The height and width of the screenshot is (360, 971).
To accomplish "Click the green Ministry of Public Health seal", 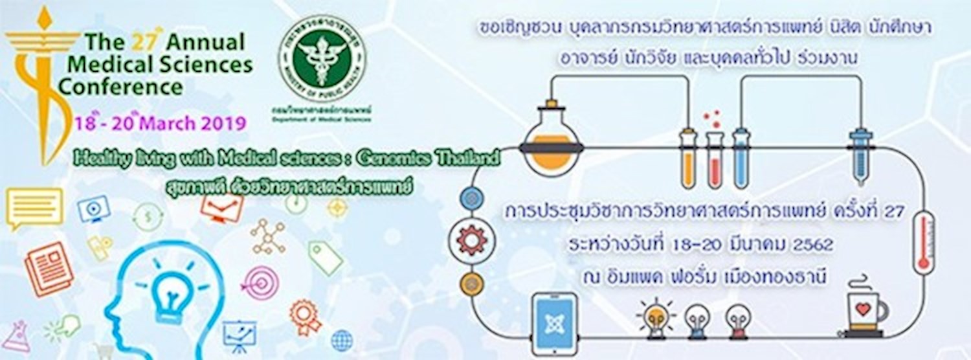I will [x=321, y=59].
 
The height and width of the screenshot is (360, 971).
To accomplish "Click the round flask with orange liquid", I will [x=552, y=141].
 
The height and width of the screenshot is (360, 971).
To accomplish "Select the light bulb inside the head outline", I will [x=170, y=293].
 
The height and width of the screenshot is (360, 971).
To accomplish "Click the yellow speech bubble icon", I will [x=34, y=207].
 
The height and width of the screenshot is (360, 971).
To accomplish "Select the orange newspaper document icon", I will [x=49, y=268].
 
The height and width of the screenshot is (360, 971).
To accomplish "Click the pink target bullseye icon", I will [x=262, y=282].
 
